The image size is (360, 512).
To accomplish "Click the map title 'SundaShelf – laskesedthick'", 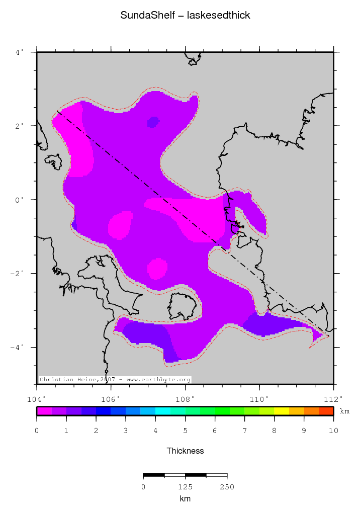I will coord(185,16).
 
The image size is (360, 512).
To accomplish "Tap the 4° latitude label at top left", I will coord(19,52).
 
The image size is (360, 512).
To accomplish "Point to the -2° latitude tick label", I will coord(17,274).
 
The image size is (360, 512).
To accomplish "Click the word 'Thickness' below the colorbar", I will coord(185,451).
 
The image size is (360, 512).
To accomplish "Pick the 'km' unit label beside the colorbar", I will coord(344,411).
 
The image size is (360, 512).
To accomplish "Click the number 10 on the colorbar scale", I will coord(333,431).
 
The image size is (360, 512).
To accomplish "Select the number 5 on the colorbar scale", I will coord(185,431).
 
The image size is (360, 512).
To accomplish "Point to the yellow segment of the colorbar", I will coord(282,411).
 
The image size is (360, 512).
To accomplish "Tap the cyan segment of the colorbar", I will coord(163,411).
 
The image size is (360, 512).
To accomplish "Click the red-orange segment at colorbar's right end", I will coord(326,411).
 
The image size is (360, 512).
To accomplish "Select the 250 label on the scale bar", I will coord(227,487).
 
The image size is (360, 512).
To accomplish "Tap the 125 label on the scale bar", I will coord(185,487).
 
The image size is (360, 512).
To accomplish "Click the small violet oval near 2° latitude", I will coord(153,122).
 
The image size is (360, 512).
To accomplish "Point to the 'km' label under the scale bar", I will coord(185,499).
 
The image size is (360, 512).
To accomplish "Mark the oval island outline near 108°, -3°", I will coord(182,306).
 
